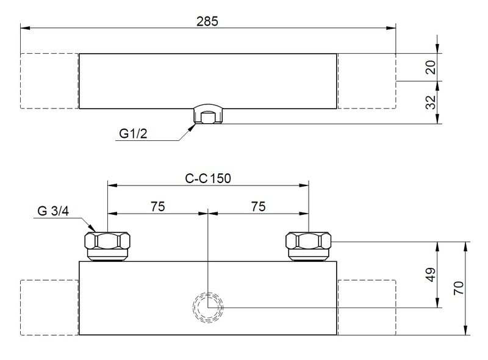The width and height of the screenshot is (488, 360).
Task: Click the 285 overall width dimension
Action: coord(207,21)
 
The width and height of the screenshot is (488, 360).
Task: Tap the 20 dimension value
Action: coord(431,67)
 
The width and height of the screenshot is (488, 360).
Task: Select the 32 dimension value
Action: coord(431,102)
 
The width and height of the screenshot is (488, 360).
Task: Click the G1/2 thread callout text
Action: coord(133,134)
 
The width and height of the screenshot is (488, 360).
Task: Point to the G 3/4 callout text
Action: coord(53,211)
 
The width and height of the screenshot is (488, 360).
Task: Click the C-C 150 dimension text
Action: coord(208,178)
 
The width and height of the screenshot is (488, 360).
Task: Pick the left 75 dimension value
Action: coord(158,206)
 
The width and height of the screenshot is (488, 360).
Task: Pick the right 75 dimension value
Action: coord(258,206)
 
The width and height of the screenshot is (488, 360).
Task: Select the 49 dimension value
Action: coord(431,275)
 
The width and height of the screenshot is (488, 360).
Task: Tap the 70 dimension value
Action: coord(459,288)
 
